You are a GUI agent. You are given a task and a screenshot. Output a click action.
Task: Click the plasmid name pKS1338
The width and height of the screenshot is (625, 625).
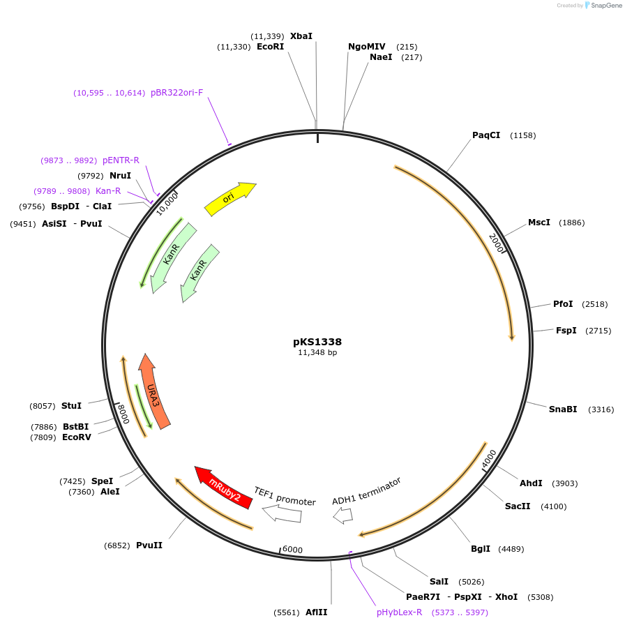click(317, 342)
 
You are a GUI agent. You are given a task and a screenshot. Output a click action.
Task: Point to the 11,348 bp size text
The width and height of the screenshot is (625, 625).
click(317, 353)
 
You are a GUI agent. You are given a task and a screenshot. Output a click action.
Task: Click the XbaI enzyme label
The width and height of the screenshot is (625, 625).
click(301, 36)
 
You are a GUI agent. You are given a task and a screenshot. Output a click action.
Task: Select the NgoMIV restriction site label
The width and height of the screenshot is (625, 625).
click(367, 47)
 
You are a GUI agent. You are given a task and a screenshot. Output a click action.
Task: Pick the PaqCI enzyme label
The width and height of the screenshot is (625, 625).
click(486, 135)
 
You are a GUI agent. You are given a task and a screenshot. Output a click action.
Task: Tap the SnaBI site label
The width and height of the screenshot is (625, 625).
click(563, 409)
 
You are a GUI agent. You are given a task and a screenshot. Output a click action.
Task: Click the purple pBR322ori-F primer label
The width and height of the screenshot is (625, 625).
click(177, 93)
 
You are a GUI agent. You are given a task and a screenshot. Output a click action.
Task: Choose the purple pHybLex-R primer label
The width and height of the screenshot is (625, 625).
click(400, 612)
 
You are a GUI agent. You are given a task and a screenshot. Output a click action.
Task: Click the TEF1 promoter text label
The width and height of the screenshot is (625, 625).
click(285, 496)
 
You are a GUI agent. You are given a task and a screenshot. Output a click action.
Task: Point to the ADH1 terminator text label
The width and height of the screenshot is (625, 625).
click(366, 491)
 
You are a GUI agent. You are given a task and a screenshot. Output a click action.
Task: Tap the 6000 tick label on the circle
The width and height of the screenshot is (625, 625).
click(292, 550)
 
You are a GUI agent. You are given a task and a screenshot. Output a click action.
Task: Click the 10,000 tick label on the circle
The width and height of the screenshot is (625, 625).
click(167, 204)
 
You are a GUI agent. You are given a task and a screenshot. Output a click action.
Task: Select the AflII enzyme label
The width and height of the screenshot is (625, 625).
click(317, 612)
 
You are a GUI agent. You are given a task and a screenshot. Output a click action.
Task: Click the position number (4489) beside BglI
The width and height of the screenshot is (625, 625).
click(511, 549)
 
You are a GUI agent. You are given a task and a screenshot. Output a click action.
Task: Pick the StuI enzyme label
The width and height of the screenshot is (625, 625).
click(71, 406)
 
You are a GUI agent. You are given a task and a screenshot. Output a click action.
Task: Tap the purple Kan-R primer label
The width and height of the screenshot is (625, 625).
click(108, 191)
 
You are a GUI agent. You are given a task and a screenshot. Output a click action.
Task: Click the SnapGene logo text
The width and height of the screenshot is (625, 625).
click(603, 6)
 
